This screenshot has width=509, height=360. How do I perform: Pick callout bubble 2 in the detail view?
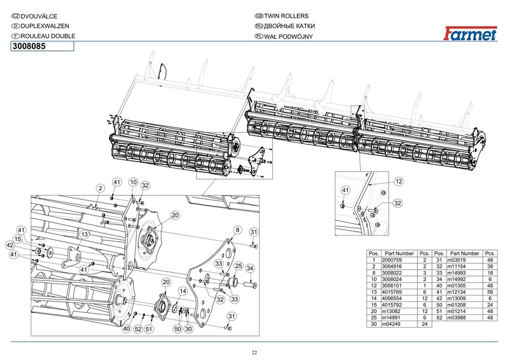coord(101,188)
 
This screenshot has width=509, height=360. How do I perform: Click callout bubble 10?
coord(133,183)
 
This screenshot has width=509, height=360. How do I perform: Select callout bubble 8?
coord(237,230)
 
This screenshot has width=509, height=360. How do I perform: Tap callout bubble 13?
coord(83,234)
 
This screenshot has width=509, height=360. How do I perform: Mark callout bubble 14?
coord(183,291)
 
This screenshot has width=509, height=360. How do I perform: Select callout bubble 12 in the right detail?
coord(399,181)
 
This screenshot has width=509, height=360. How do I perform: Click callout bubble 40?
coord(127,328)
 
